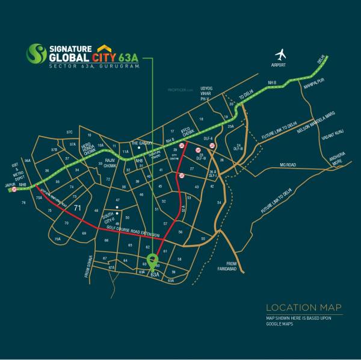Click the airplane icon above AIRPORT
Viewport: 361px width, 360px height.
pyautogui.click(x=279, y=54)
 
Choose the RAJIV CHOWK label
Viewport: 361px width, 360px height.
pyautogui.click(x=109, y=163)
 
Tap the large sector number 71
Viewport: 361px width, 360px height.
pyautogui.click(x=76, y=208)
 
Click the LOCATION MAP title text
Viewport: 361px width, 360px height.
pyautogui.click(x=303, y=306)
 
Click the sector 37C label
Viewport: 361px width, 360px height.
pyautogui.click(x=70, y=131)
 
